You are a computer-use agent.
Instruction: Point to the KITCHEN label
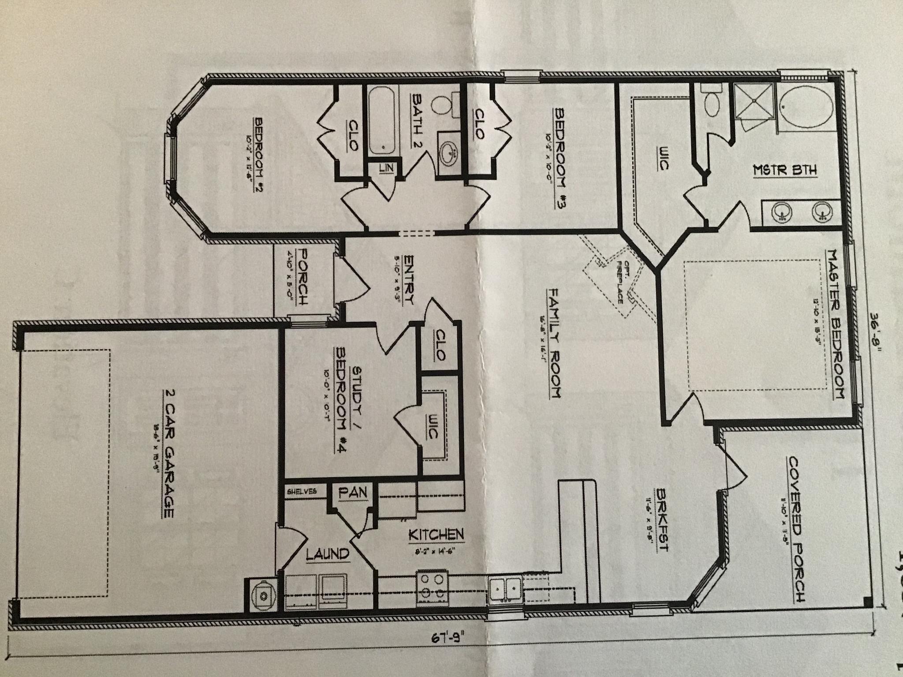(436, 535)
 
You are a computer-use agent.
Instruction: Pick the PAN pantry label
(353, 492)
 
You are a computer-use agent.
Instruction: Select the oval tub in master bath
(806, 104)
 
